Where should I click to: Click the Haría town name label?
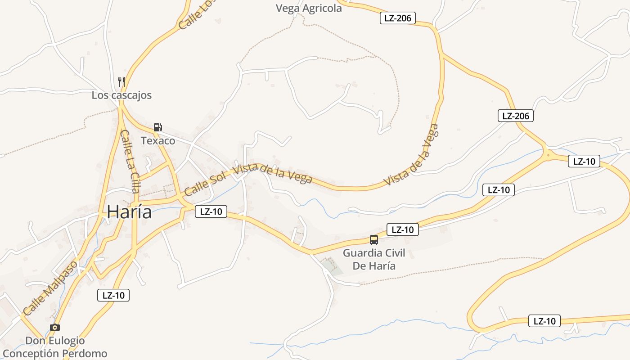129,212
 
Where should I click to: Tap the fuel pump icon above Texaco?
157,127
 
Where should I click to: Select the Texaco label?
158,141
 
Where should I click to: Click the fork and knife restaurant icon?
121,81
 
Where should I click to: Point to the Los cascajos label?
121,95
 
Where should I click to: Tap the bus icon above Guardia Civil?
374,239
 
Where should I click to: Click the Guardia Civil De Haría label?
374,259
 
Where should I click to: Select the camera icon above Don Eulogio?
55,327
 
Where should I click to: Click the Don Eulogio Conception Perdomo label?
55,347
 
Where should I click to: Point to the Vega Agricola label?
309,8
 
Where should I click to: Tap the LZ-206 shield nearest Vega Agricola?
398,18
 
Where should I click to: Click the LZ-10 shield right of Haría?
211,211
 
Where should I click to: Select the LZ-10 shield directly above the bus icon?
402,229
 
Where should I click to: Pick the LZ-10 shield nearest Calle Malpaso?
113,295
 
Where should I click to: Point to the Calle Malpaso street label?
50,288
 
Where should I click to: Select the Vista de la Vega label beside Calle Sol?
273,174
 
